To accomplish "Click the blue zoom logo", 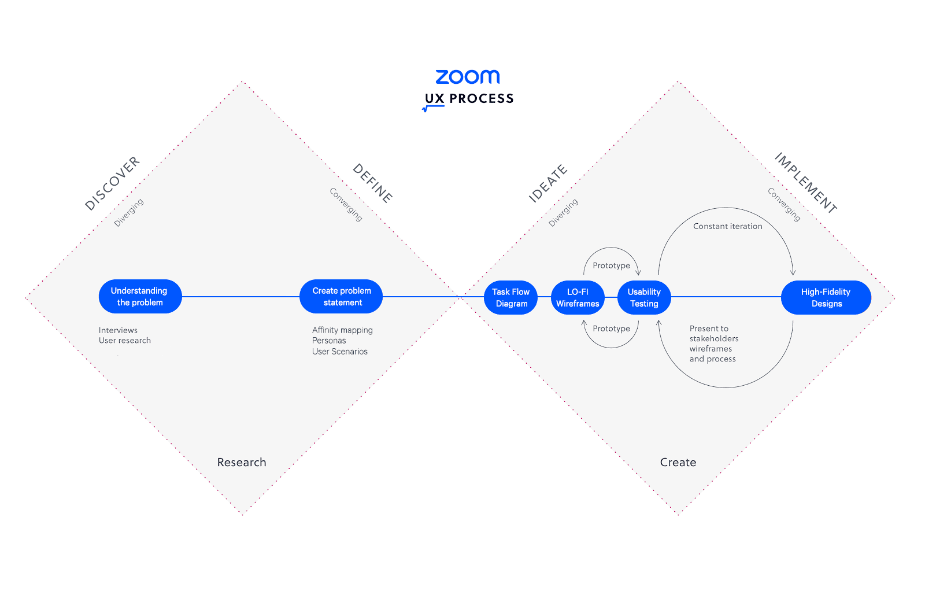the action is (468, 77).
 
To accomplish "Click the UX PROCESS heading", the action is (469, 98).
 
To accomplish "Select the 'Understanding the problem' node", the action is (140, 297).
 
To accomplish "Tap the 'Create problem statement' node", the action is (341, 297).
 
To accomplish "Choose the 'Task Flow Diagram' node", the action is (511, 297).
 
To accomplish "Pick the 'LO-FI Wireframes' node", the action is (578, 297).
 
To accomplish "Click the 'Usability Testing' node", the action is (644, 297).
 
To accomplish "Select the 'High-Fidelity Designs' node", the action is (826, 297).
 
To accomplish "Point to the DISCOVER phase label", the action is (112, 183).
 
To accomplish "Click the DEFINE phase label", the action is (372, 183).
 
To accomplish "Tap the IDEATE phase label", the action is (549, 183).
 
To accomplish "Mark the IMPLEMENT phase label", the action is (806, 183).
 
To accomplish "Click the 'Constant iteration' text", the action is (728, 226).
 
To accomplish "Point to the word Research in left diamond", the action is (242, 462).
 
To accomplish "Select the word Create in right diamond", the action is (678, 462).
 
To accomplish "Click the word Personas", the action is (329, 341).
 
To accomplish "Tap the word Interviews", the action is (118, 330).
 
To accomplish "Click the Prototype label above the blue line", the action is (612, 265).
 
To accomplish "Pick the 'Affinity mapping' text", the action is (342, 330).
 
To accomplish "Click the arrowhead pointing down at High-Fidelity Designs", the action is (793, 272).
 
